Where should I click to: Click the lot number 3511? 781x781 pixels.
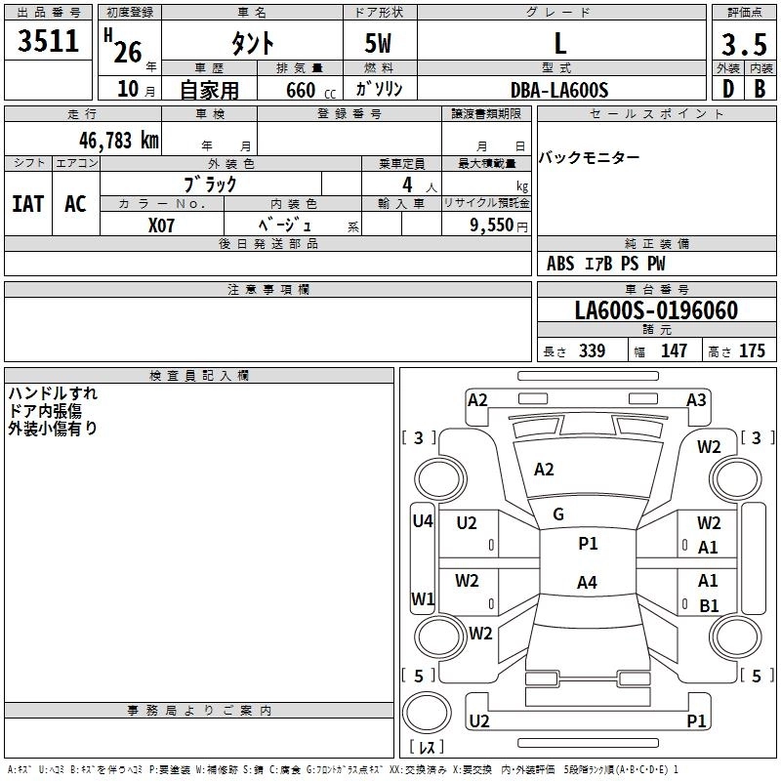point(48,41)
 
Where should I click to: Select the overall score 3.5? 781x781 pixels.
point(744,44)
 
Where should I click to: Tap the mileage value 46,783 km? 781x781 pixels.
point(119,141)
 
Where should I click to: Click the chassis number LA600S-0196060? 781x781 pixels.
point(656,310)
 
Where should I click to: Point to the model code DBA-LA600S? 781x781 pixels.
point(559,90)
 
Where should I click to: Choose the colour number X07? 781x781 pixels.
point(161,226)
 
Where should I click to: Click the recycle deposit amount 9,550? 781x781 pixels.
point(491,226)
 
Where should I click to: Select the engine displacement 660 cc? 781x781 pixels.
point(311,91)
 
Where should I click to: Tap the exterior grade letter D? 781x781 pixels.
point(728,89)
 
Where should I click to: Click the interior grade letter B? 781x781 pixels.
point(760,89)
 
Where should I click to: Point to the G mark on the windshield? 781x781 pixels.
point(558,514)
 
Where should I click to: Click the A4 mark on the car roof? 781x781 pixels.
point(587,582)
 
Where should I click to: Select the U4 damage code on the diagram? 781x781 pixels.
point(423,521)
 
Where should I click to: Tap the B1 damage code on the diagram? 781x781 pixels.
point(709,605)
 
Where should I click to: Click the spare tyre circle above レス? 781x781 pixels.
point(427,713)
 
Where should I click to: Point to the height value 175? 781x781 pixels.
point(752,350)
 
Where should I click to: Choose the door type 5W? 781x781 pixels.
point(378,43)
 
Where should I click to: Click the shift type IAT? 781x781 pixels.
point(28,204)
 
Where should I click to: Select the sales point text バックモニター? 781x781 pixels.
point(589,158)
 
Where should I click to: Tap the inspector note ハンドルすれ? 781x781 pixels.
point(53,393)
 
